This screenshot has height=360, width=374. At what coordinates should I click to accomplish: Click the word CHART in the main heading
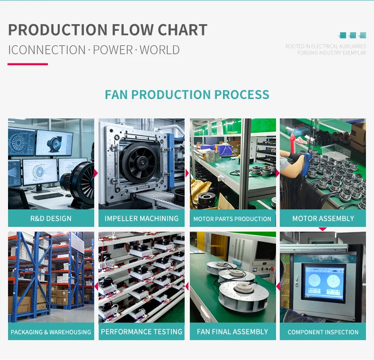click(182, 30)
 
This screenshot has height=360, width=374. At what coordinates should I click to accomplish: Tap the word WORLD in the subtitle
click(160, 50)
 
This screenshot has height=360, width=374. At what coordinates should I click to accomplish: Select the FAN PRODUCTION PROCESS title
click(187, 95)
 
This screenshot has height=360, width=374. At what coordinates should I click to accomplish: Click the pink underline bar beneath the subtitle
click(27, 64)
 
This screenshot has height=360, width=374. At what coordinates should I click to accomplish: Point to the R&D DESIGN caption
click(51, 218)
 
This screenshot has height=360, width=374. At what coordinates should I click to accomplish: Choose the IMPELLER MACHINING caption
click(142, 218)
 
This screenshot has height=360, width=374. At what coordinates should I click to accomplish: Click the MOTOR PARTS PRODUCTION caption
click(232, 219)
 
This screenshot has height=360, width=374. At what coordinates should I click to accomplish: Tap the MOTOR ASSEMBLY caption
click(323, 218)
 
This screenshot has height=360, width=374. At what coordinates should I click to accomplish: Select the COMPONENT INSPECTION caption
click(323, 332)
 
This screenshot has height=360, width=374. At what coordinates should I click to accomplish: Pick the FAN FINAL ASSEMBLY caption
click(232, 332)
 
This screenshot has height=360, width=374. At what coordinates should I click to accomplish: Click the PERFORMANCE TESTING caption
click(142, 332)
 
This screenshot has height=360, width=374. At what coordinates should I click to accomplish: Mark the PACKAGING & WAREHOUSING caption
click(51, 332)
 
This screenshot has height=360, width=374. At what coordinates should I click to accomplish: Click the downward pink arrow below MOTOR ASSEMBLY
click(322, 229)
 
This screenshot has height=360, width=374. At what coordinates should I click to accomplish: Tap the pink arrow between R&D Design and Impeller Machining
click(96, 173)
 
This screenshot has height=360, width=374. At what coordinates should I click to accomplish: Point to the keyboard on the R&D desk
click(48, 196)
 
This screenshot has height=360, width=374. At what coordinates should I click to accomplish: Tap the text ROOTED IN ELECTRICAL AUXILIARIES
click(326, 46)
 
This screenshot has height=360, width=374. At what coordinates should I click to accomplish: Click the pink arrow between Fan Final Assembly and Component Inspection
click(278, 286)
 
